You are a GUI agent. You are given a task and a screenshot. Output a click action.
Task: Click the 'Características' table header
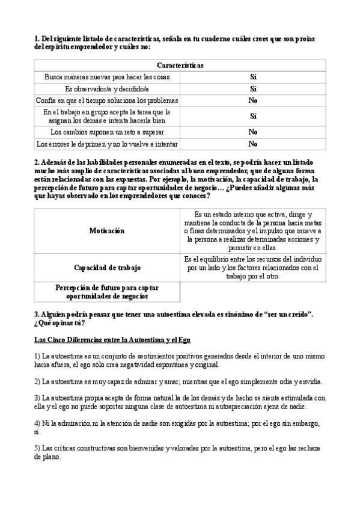pyautogui.click(x=180, y=65)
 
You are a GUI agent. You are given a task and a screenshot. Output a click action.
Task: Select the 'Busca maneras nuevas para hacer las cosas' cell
pyautogui.click(x=107, y=77)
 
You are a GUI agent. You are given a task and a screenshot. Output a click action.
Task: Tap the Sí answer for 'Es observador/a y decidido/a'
pyautogui.click(x=252, y=88)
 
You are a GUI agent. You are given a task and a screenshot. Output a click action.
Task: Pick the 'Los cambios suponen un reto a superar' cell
pyautogui.click(x=107, y=132)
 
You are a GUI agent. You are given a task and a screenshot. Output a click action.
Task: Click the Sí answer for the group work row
pyautogui.click(x=252, y=115)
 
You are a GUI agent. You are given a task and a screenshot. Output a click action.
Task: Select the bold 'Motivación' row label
pyautogui.click(x=107, y=230)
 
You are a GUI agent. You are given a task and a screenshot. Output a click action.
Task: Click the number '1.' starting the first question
pyautogui.click(x=37, y=38)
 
